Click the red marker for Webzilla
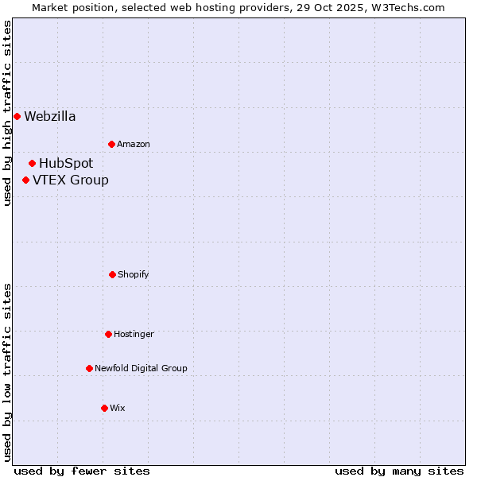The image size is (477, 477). point(17,116)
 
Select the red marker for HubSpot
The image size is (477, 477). point(32,163)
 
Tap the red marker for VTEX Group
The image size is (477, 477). point(25,180)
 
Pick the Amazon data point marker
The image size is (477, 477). point(111,144)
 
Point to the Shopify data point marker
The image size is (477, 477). point(112,274)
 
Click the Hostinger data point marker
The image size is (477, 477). point(108,334)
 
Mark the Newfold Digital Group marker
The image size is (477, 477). point(89,368)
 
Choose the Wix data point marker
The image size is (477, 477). point(104,408)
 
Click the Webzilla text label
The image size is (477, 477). point(50,116)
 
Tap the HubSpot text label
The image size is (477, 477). point(66,163)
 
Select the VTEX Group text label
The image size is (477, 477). point(71,180)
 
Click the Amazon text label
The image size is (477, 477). point(134,144)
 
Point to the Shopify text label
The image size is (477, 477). point(134,274)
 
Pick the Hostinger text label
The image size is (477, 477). point(134,334)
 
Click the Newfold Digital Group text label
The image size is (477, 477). point(141,368)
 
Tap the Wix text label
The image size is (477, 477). point(118,408)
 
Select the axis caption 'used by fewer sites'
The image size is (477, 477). point(82,471)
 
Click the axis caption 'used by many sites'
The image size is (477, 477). point(399,471)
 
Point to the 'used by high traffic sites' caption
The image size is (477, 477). point(7,113)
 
